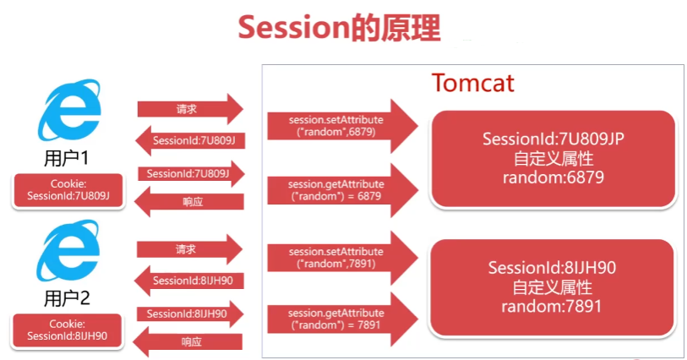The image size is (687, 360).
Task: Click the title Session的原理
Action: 338,27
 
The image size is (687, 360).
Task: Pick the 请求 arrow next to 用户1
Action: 189,109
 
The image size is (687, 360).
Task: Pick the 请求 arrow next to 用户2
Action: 189,249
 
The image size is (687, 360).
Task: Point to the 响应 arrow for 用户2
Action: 189,341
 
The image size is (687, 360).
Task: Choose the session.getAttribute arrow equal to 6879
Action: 341,190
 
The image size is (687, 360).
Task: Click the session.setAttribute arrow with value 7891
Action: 341,257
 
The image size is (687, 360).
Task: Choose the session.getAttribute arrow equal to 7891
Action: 341,319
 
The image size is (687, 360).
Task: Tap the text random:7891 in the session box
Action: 552,306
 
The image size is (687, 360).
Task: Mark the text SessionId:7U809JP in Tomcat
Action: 553,139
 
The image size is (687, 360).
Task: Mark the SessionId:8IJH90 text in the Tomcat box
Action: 552,268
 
